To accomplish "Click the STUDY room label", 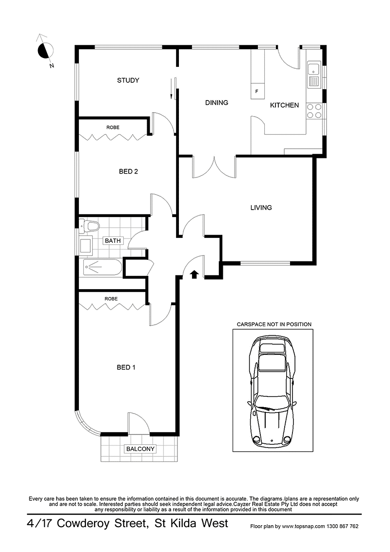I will click(x=128, y=80).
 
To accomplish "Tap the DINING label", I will click(x=216, y=102).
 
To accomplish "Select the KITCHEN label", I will click(x=284, y=105).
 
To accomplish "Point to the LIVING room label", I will click(x=261, y=208).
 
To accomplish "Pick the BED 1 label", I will click(x=126, y=367).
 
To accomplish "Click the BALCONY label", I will click(x=140, y=449).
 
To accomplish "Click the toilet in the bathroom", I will click(x=89, y=225).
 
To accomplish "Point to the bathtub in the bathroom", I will click(x=102, y=267).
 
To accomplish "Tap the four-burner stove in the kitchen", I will click(x=314, y=111).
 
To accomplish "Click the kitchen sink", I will click(x=313, y=75).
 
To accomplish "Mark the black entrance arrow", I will click(x=194, y=275).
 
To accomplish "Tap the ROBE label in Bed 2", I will click(x=112, y=127).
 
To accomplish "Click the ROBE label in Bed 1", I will click(x=111, y=298).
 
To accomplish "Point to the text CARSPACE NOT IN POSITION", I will click(x=273, y=324).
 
